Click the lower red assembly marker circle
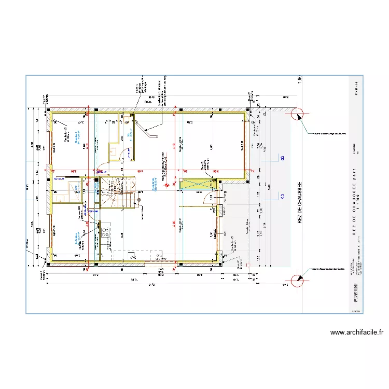pyautogui.click(x=298, y=281)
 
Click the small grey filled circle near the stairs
pyautogui.click(x=139, y=200)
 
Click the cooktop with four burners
pyautogui.click(x=106, y=232)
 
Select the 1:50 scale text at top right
pyautogui.click(x=300, y=81)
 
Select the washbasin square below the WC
pyautogui.click(x=113, y=151)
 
